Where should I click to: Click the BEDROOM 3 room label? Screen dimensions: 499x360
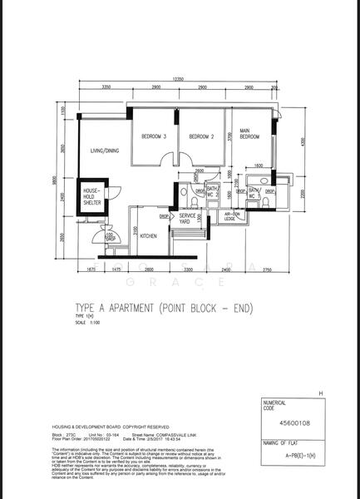coord(153,136)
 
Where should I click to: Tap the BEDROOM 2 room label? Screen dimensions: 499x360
coord(201,136)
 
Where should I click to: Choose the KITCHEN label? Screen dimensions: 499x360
coord(148,236)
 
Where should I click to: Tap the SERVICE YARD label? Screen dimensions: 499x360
coord(187,219)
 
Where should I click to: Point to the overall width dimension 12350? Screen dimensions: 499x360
coord(178,79)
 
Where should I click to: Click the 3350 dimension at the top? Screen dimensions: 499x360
coord(106,87)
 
